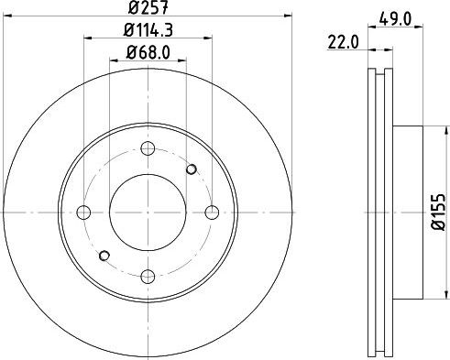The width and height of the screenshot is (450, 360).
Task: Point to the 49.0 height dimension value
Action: click(395, 17)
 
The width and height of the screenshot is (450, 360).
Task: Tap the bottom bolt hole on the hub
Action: click(148, 273)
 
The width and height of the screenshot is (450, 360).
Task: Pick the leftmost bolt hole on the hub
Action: click(84, 213)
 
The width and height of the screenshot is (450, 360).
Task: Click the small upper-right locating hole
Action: click(192, 169)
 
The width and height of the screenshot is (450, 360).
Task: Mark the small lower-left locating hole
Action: click(104, 256)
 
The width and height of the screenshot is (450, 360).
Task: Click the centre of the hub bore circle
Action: click(148, 213)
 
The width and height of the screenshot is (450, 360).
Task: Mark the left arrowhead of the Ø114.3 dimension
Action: click(88, 39)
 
